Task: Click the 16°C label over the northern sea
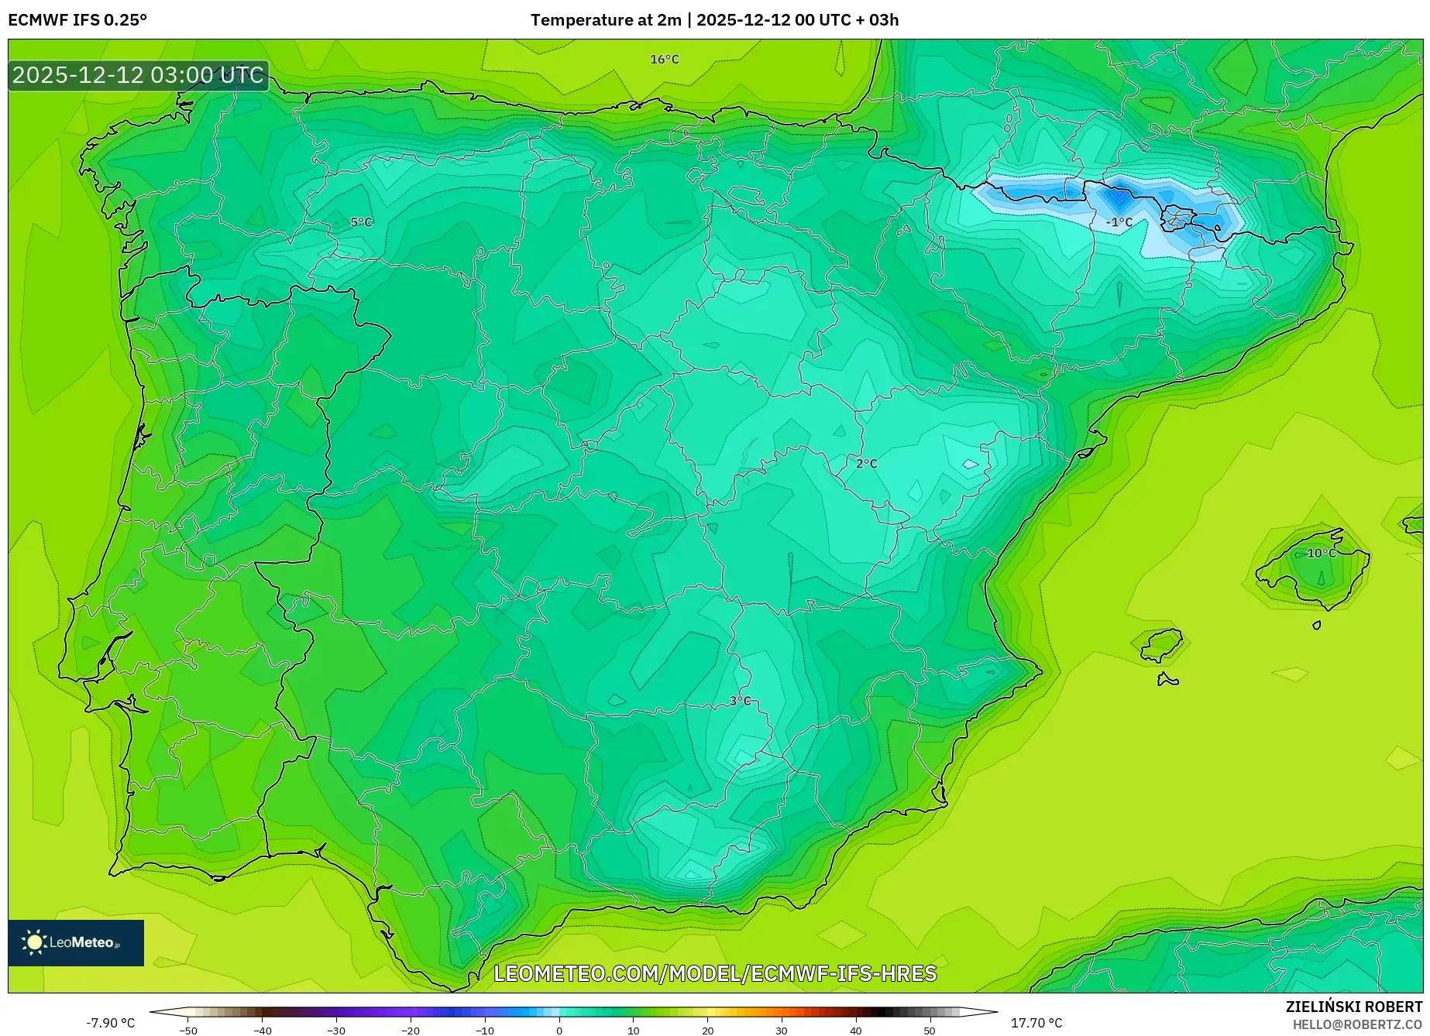click(664, 60)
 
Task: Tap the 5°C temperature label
click(361, 222)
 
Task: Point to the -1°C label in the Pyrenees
click(1119, 222)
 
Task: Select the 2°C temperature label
click(866, 464)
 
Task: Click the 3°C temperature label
click(740, 701)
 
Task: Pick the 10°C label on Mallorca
click(1321, 553)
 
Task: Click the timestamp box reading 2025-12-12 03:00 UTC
click(138, 75)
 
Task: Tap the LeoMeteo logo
click(75, 942)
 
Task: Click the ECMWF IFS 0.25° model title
click(77, 20)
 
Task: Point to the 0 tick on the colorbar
click(559, 1030)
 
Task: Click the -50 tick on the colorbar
click(188, 1030)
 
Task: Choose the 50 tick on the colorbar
click(930, 1030)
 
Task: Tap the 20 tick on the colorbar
click(707, 1030)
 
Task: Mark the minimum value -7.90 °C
click(110, 1023)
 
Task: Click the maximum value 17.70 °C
click(1036, 1023)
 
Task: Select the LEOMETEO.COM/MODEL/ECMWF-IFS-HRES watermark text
click(715, 973)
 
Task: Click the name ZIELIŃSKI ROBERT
click(1353, 1007)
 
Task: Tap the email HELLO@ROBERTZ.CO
click(1356, 1024)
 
